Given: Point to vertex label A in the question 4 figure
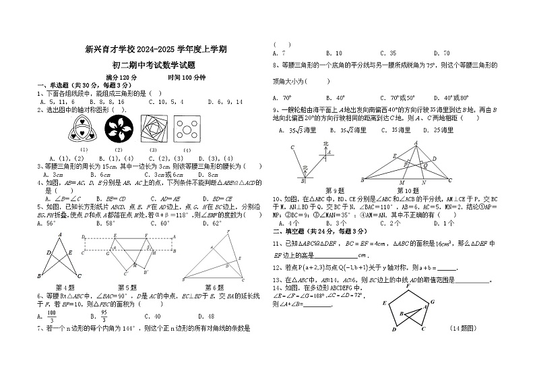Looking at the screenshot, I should pos(61,234).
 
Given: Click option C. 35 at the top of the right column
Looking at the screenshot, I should pos(387,53).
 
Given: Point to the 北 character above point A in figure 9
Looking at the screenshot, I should pos(325,144).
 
